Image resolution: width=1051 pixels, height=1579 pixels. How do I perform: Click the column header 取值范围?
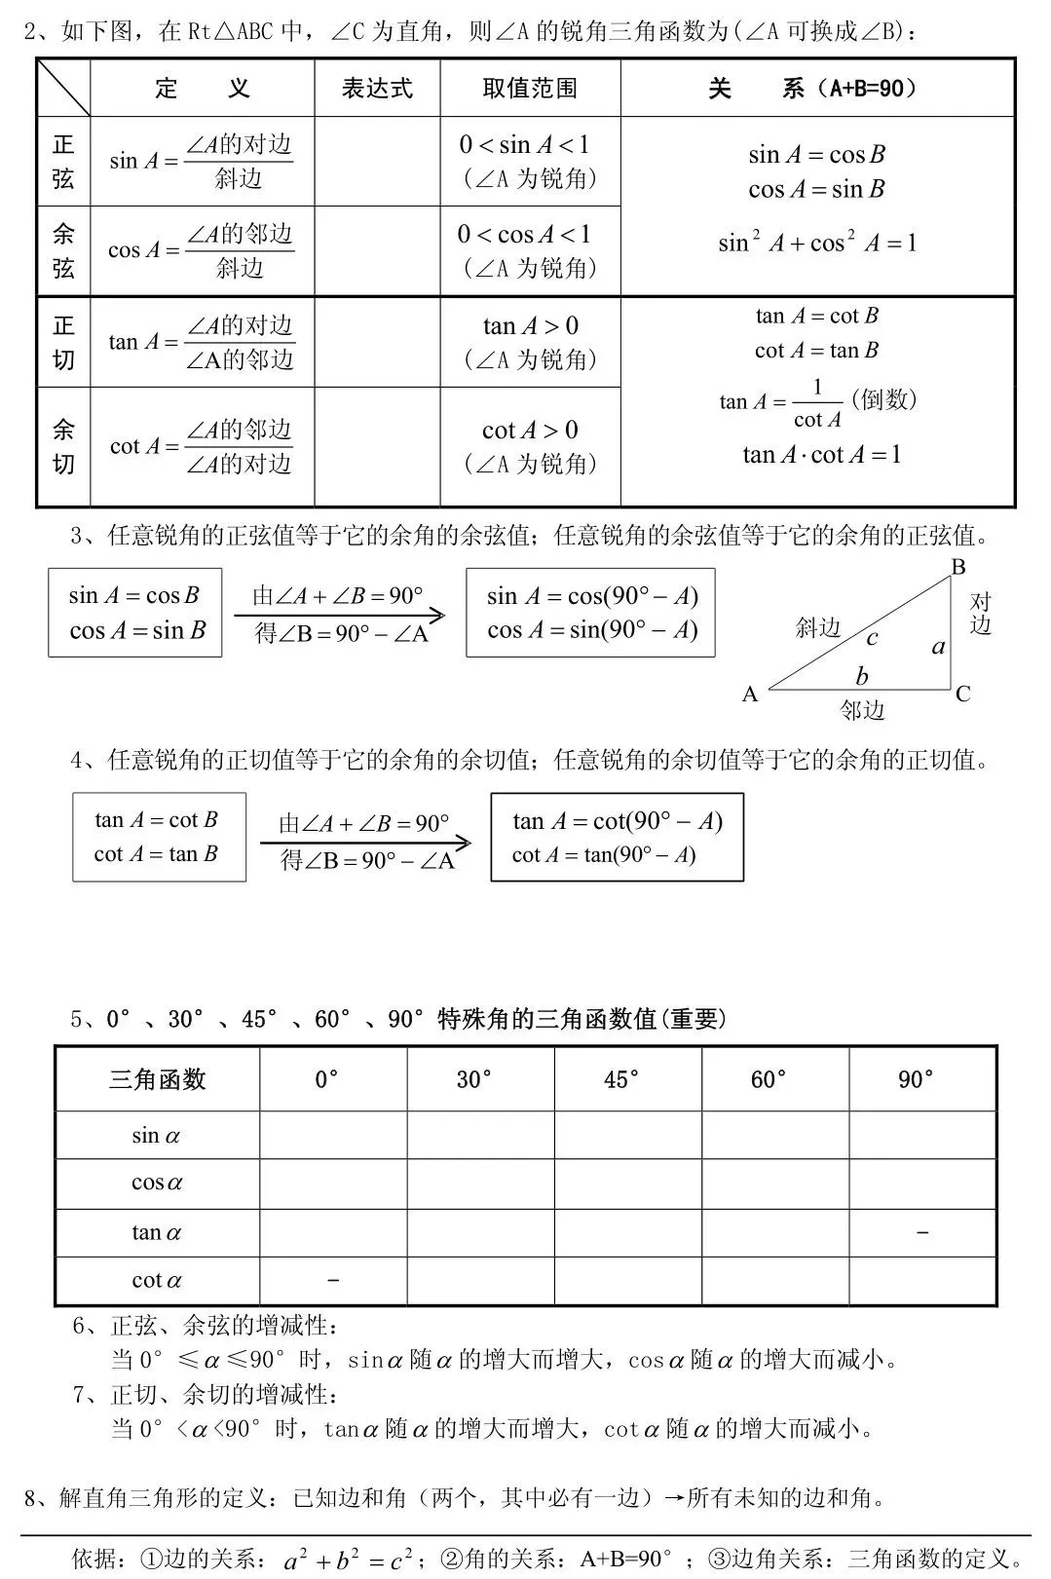(x=530, y=89)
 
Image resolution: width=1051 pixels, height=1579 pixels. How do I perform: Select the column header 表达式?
(x=377, y=89)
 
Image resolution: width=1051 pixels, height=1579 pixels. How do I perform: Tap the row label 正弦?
(x=63, y=162)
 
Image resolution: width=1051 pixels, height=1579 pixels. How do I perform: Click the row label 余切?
(x=63, y=446)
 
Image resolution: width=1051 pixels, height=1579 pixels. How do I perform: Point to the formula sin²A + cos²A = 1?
(x=817, y=243)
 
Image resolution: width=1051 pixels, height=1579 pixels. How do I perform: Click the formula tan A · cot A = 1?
(x=821, y=455)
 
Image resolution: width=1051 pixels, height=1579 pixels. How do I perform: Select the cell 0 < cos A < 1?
(x=525, y=235)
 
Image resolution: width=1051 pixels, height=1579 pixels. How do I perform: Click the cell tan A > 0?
(x=530, y=325)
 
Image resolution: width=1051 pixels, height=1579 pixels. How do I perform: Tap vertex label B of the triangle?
(x=957, y=567)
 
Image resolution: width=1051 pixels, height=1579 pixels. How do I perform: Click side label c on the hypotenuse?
(x=872, y=638)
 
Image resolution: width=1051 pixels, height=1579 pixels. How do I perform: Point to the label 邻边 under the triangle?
(x=862, y=711)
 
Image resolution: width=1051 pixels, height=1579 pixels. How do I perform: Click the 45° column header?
(x=622, y=1079)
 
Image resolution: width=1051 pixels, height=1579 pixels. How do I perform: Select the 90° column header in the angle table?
(x=917, y=1079)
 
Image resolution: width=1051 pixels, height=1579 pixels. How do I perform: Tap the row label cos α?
(x=157, y=1184)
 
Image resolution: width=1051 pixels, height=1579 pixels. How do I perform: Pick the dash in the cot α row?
(x=333, y=1280)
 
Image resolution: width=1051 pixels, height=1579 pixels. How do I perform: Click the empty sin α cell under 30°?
(x=480, y=1135)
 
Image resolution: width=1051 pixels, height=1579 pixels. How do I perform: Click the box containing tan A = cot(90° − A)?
(x=617, y=838)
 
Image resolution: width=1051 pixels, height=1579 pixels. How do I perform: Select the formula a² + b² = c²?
(x=347, y=1560)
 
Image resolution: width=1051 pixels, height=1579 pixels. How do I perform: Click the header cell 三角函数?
(x=157, y=1079)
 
